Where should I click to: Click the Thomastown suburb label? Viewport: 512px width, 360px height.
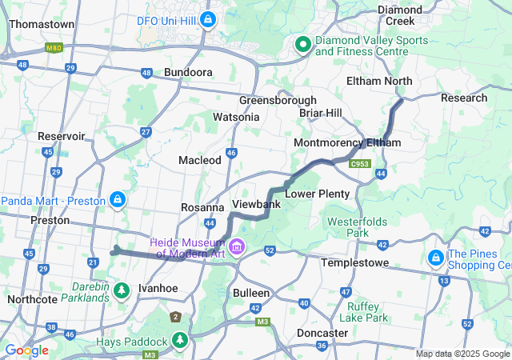click(x=42, y=24)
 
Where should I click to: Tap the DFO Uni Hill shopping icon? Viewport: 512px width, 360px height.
click(x=208, y=18)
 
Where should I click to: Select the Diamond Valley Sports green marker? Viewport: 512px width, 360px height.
click(x=303, y=45)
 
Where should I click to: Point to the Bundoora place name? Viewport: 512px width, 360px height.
click(x=188, y=72)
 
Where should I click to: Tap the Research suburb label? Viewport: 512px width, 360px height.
click(x=464, y=98)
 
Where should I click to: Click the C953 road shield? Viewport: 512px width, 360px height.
click(x=360, y=164)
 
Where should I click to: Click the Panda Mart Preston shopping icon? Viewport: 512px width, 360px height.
click(x=118, y=198)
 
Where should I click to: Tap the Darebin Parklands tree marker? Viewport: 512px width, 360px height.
click(x=122, y=290)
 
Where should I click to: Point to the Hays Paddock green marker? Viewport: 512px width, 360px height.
click(x=181, y=341)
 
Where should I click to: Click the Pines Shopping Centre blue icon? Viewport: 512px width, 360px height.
click(x=436, y=258)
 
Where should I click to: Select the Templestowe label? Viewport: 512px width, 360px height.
click(x=354, y=262)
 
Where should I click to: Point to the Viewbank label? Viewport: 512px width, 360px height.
click(x=255, y=204)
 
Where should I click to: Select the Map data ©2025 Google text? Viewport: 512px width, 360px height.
click(x=462, y=354)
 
